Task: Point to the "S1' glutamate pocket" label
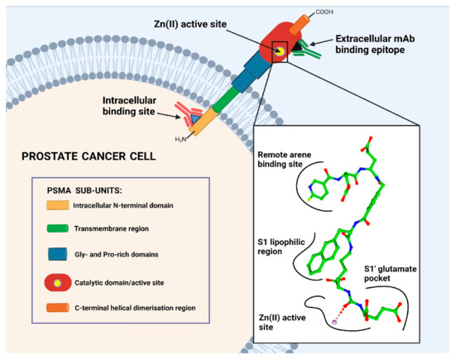397,274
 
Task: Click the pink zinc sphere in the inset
309,319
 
